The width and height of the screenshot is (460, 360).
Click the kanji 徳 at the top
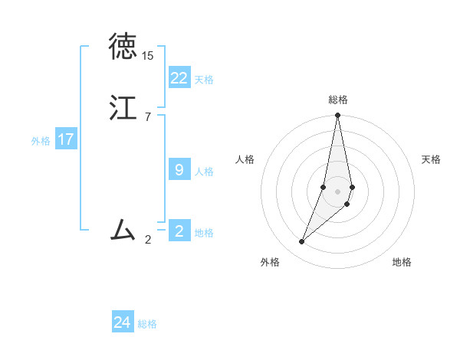pos(123,47)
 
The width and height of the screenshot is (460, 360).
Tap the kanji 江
pos(123,107)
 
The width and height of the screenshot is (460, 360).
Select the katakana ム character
pos(123,229)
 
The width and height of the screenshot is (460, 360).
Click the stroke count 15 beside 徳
pos(147,56)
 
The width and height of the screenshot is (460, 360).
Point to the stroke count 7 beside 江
pos(147,116)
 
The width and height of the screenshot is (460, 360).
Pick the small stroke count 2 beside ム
pos(147,239)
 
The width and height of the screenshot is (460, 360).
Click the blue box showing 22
pos(179,77)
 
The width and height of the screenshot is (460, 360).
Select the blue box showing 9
pos(179,169)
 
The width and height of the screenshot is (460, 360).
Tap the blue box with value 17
pos(66,139)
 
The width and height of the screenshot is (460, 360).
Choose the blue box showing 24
pos(123,322)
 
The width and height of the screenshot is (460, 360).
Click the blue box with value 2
pos(179,231)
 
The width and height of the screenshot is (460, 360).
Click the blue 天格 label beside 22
pos(204,80)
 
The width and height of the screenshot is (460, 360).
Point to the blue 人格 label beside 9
pos(204,172)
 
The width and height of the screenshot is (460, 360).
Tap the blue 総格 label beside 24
pos(147,325)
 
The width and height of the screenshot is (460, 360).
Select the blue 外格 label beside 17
pos(41,141)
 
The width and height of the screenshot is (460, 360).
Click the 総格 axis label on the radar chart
pos(338,100)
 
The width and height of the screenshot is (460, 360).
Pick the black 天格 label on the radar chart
pos(432,159)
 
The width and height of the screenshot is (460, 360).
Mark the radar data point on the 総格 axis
pos(338,116)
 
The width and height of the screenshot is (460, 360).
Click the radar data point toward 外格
pos(302,241)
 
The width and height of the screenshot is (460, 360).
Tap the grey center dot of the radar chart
pos(338,191)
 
